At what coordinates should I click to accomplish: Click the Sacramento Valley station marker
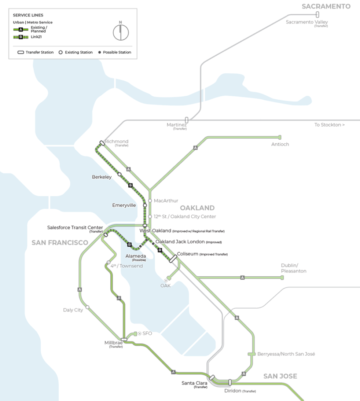(x=317, y=15)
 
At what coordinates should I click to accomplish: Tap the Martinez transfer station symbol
(x=187, y=120)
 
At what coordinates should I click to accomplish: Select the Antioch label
(x=280, y=144)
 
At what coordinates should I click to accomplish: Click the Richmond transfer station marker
(x=102, y=143)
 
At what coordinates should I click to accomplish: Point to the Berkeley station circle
(x=119, y=174)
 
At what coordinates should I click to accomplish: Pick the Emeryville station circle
(x=145, y=206)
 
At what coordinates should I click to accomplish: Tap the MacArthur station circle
(x=150, y=200)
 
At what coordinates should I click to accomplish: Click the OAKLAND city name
(x=197, y=208)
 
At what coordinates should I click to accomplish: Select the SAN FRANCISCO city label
(x=60, y=243)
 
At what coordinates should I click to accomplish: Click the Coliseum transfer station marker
(x=173, y=258)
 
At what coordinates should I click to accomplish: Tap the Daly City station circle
(x=87, y=307)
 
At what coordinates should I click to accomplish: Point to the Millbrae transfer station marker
(x=124, y=339)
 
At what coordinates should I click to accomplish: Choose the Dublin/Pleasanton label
(x=294, y=268)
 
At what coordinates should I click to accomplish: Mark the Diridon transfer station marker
(x=230, y=382)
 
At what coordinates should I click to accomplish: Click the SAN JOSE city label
(x=280, y=376)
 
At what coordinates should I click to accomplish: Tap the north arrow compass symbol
(x=121, y=31)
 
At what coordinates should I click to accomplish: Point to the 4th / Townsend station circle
(x=109, y=262)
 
